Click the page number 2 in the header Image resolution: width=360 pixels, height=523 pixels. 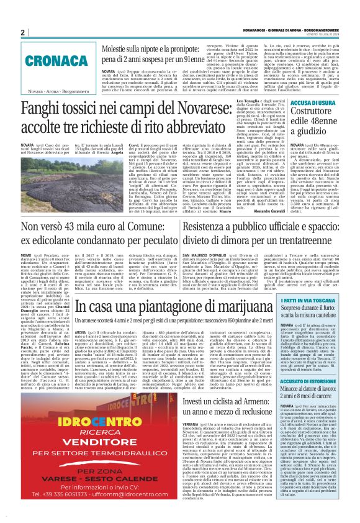point(22,32)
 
